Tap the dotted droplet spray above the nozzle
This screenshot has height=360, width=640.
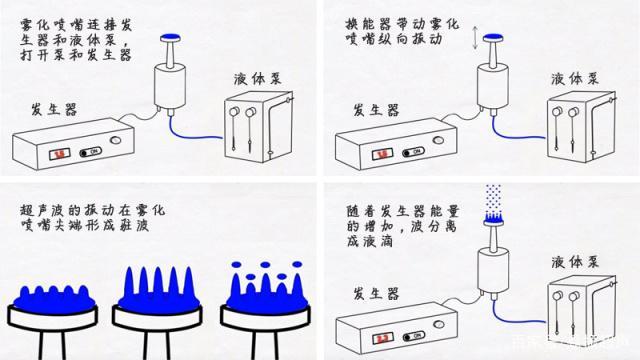[493, 200]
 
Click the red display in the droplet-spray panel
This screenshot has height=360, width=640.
[380, 334]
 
